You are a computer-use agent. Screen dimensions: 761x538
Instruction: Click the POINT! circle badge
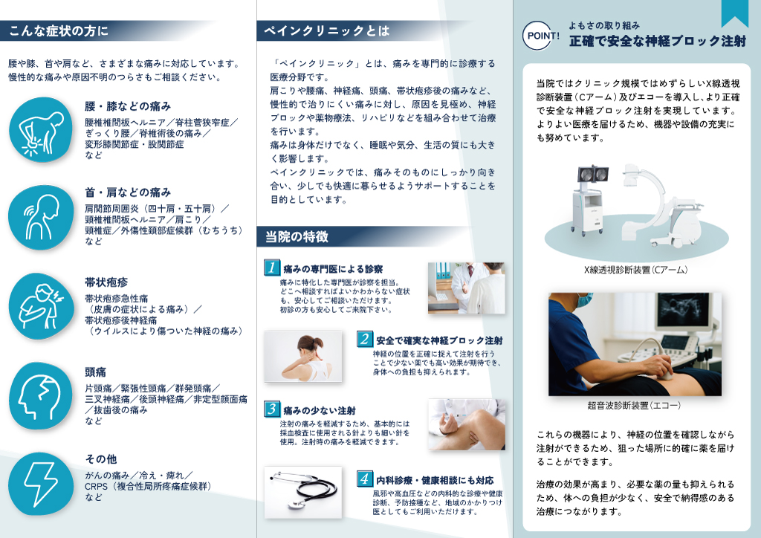[541, 36]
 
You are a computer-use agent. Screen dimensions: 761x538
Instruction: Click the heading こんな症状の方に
[58, 31]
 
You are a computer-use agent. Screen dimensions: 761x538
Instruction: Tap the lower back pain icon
[41, 129]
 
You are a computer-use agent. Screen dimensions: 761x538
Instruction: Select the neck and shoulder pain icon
[41, 217]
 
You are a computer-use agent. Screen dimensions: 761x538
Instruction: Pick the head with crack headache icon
[41, 396]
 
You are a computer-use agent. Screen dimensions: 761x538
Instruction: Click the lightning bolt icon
[41, 484]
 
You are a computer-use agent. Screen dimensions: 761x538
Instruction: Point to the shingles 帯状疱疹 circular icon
[41, 306]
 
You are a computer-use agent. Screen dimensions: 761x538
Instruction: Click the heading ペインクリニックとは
[327, 31]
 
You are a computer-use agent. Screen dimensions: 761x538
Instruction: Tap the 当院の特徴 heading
[297, 237]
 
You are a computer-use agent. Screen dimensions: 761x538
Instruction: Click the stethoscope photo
[303, 493]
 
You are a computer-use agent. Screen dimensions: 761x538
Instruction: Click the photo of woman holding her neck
[303, 357]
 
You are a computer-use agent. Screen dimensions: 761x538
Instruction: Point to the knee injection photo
[467, 424]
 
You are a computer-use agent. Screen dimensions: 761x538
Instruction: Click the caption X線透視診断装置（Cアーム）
[636, 270]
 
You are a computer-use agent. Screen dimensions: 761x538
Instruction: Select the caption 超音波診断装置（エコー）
[635, 406]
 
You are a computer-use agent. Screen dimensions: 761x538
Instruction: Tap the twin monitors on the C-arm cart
[593, 174]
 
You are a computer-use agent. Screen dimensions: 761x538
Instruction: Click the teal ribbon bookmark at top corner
[735, 12]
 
